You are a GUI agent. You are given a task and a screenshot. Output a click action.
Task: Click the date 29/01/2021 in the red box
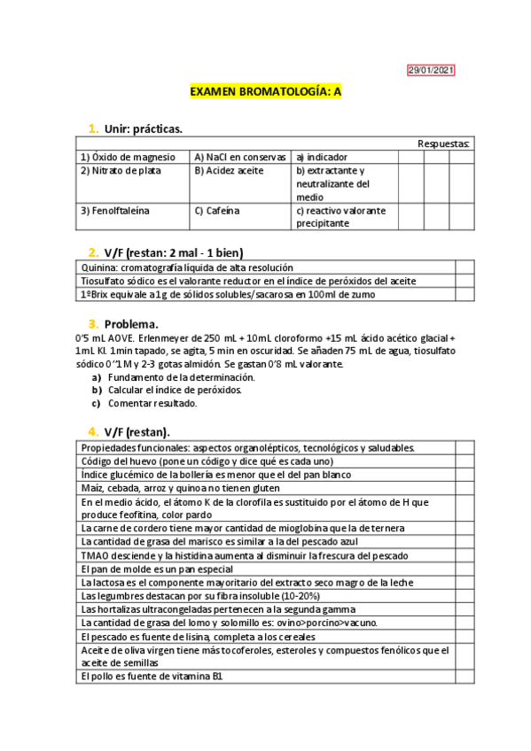click(431, 70)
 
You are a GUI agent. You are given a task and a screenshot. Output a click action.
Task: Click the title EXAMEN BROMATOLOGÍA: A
click(266, 91)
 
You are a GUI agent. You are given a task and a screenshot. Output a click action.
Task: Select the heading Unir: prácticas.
click(143, 129)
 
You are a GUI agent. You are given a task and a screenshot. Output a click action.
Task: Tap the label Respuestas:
click(443, 143)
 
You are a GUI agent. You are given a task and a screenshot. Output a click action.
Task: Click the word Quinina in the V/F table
click(98, 267)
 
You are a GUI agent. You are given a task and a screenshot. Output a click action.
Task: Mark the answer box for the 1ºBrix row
click(465, 294)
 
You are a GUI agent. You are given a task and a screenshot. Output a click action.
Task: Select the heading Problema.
click(130, 324)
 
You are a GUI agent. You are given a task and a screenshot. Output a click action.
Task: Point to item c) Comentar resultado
click(152, 403)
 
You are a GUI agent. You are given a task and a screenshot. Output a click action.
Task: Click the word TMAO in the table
click(95, 555)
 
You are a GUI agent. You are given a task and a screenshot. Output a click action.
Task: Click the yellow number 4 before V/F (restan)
click(92, 431)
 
